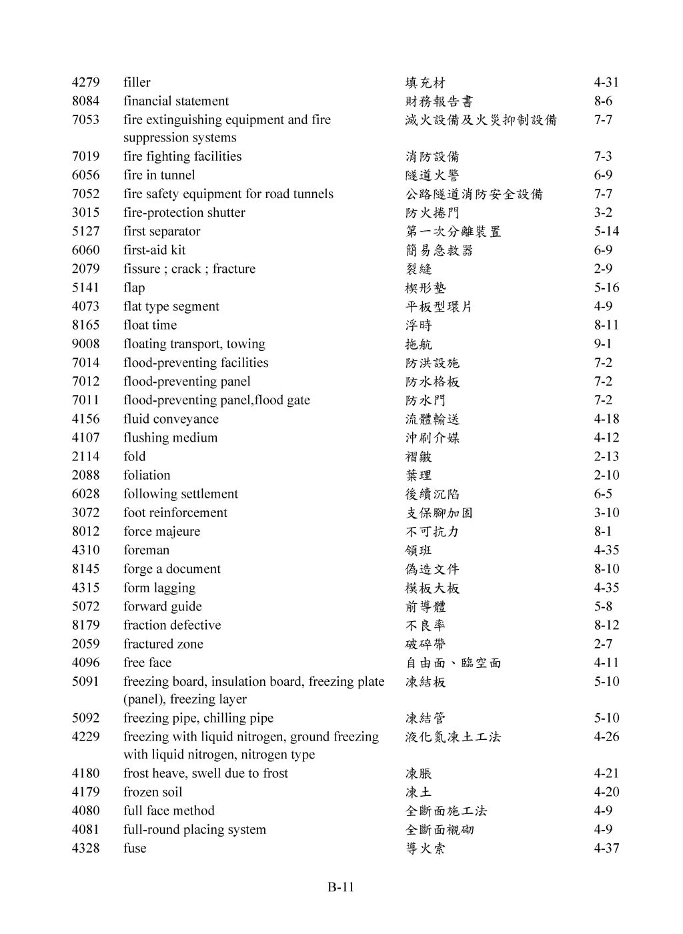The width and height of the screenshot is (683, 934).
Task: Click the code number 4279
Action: (x=85, y=82)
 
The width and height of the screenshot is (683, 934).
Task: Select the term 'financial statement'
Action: (x=175, y=101)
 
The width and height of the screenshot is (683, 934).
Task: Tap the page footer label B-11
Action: (x=341, y=887)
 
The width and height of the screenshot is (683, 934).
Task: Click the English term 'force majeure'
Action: (x=161, y=531)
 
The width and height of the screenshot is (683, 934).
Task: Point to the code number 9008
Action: (x=85, y=344)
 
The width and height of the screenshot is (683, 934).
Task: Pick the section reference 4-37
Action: (x=606, y=848)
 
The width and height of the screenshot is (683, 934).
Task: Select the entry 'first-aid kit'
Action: (x=154, y=250)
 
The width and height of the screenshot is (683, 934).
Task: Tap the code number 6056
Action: (x=85, y=175)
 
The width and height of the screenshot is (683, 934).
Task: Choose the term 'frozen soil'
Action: (x=152, y=792)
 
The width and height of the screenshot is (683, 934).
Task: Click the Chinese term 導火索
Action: (x=426, y=849)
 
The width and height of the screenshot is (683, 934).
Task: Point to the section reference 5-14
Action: (x=606, y=231)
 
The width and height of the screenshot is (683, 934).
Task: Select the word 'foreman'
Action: (x=146, y=550)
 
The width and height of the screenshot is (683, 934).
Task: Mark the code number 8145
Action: (x=85, y=568)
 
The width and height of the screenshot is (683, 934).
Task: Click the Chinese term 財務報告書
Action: (x=439, y=101)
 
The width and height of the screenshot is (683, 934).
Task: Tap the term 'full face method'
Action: (x=169, y=811)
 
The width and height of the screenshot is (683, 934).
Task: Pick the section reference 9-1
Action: (x=602, y=344)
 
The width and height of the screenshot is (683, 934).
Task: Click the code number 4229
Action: (x=85, y=737)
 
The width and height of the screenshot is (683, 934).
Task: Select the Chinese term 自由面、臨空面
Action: (x=453, y=663)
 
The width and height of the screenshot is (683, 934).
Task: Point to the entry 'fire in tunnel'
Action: (x=159, y=175)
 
